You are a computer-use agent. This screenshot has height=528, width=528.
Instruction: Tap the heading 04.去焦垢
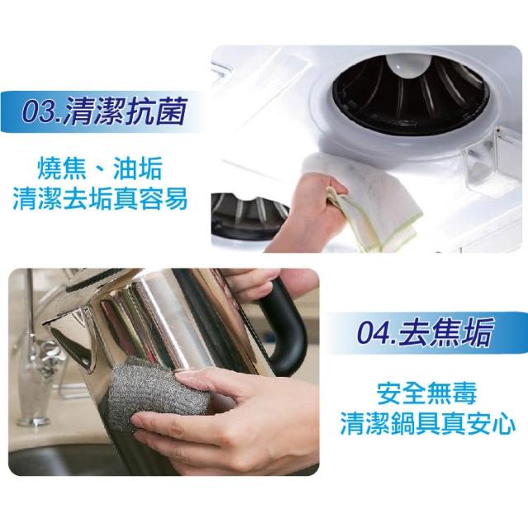pyautogui.click(x=426, y=333)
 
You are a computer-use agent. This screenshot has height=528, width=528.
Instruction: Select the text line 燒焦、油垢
pyautogui.click(x=100, y=168)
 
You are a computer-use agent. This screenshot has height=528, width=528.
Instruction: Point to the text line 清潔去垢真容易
pyautogui.click(x=100, y=198)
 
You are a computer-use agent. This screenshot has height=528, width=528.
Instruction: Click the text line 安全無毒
pyautogui.click(x=427, y=393)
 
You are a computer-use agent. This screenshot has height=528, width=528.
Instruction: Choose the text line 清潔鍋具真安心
pyautogui.click(x=427, y=423)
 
